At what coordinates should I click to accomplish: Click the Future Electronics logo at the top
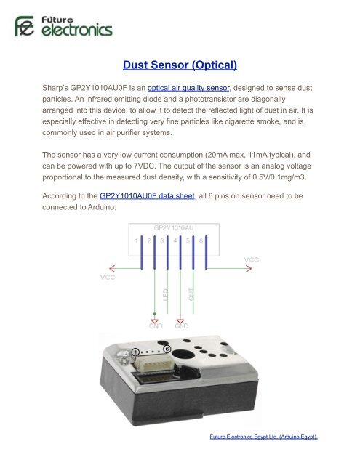(64, 28)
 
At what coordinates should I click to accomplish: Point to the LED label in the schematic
(165, 297)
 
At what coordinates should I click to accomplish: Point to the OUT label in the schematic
(192, 297)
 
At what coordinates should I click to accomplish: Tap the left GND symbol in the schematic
(153, 324)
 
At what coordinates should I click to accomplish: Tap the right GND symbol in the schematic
(181, 324)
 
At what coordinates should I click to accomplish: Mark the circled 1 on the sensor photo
(135, 351)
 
